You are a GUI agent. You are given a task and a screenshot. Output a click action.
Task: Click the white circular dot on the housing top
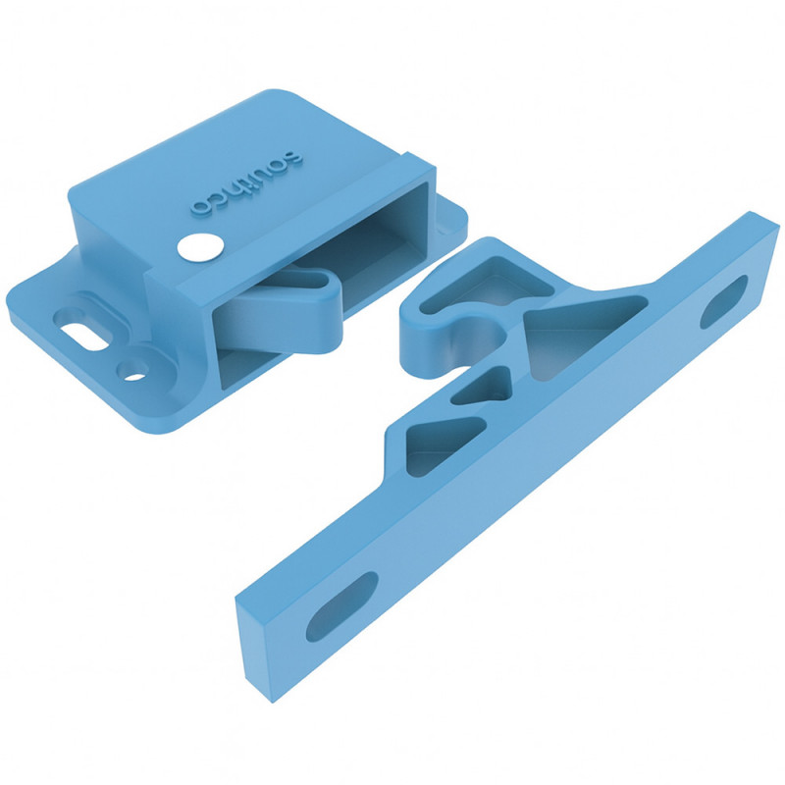coord(200,247)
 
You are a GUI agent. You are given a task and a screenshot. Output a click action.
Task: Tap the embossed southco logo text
coord(247,183)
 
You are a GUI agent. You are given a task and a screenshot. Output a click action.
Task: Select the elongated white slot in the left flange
coord(85,338)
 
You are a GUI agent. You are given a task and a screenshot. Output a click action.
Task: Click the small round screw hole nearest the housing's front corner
coord(133,373)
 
